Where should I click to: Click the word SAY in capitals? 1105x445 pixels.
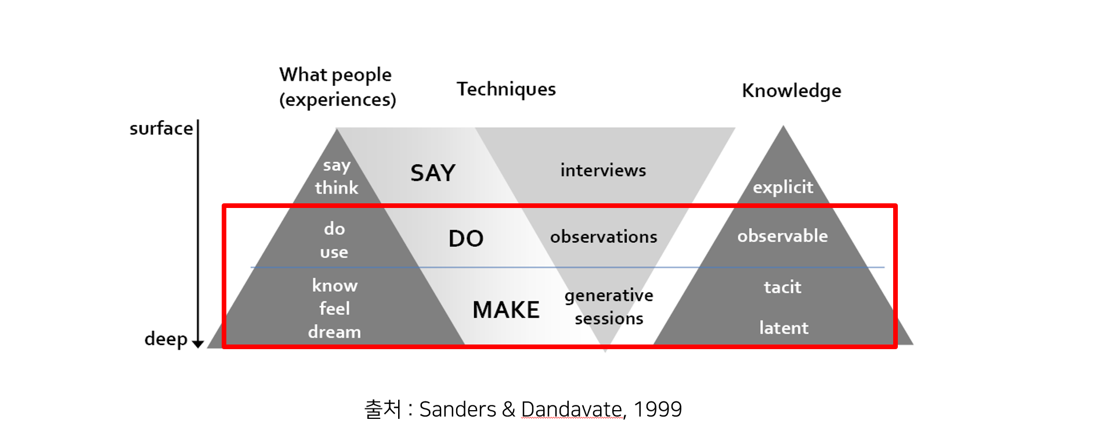coord(433,173)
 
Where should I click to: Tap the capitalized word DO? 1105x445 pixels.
coord(466,239)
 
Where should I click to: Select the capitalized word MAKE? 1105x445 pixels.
coord(506,310)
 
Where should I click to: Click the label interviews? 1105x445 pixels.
coord(603,170)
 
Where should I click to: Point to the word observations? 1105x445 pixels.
coord(604,237)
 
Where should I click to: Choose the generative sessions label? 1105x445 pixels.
coord(609,307)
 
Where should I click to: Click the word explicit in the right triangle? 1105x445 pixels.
coord(783,187)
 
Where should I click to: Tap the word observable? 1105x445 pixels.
coord(782,236)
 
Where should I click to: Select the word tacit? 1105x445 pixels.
coord(782,287)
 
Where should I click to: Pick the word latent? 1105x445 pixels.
coord(783,328)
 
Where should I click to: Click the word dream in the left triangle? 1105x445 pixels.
coord(334,332)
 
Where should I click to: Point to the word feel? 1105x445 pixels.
coord(334,308)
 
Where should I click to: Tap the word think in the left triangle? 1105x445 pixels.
coord(337,188)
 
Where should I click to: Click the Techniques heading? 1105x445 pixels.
coord(506,89)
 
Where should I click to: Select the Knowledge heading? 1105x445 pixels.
coord(792,91)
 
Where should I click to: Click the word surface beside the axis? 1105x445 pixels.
coord(161,128)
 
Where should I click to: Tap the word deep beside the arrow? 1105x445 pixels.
coord(166,339)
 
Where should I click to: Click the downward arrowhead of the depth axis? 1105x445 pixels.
coord(198,344)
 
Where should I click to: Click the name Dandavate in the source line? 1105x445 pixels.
coord(572,410)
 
